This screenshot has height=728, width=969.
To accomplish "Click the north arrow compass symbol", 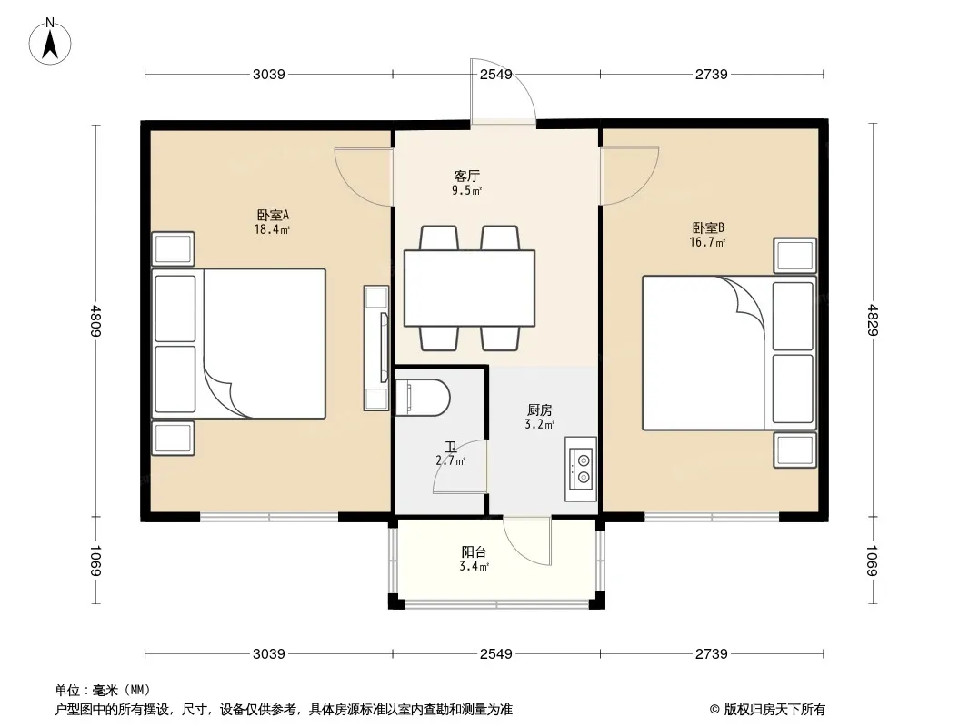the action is (50, 42).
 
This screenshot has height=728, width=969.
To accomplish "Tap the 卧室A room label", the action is (273, 216).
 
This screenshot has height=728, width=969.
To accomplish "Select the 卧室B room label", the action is (707, 228).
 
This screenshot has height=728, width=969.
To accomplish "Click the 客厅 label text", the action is (466, 177).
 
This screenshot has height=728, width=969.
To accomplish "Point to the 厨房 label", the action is (540, 410).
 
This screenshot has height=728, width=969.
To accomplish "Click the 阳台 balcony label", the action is (474, 552).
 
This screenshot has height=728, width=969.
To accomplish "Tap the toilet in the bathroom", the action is (422, 397).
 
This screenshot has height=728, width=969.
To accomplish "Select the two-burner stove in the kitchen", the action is (581, 469).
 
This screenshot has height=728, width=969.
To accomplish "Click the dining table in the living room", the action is (470, 288).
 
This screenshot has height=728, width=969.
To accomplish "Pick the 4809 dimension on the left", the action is (95, 320).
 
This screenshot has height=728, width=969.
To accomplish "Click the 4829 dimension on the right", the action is (872, 320).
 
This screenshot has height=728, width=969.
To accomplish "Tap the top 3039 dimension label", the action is (269, 75).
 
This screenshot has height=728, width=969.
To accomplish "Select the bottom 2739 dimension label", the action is (712, 653).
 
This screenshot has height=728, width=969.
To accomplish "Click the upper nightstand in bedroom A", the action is (173, 249).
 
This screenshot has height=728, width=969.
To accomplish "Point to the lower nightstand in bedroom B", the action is (794, 450).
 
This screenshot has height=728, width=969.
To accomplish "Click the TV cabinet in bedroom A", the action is (375, 349).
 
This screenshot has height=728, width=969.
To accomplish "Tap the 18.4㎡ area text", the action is (272, 230).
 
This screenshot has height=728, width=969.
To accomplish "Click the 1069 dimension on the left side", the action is (95, 561).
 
